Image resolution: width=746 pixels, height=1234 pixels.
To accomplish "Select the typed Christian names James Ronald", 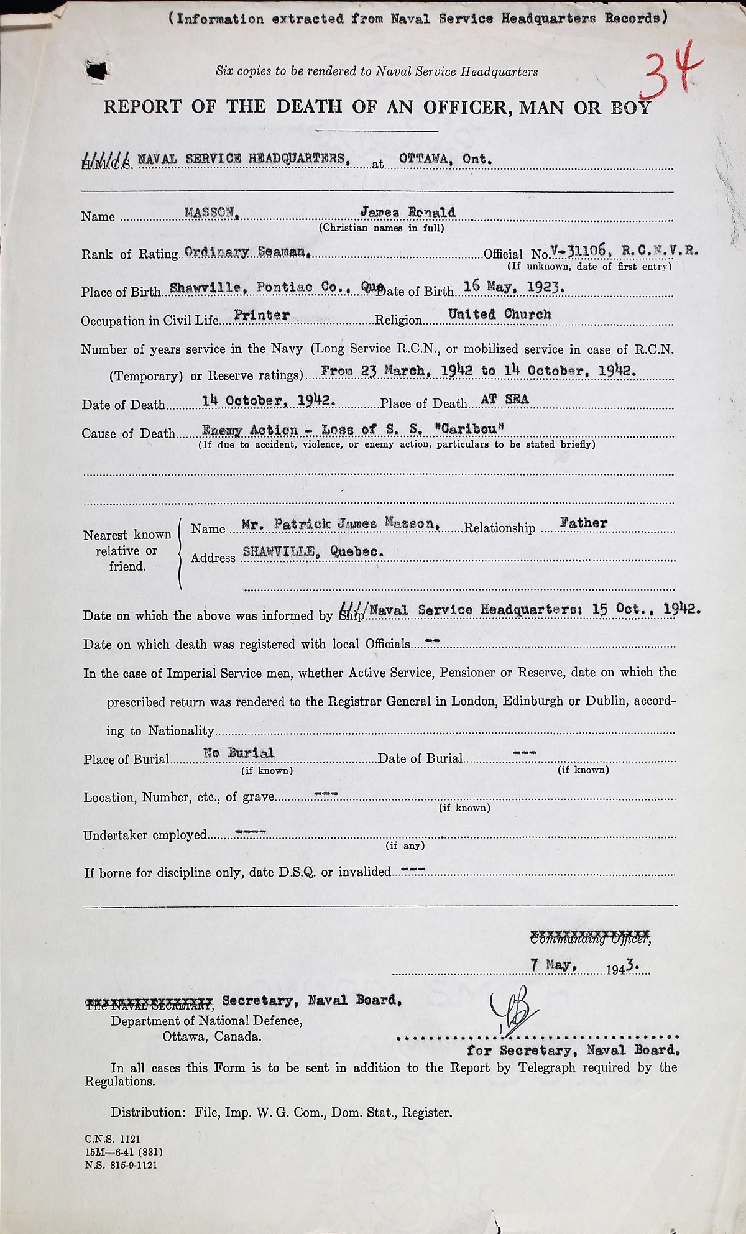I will coord(408,212).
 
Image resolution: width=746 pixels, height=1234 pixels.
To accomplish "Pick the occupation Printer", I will coord(261,315).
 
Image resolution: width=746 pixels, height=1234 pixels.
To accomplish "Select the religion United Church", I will coord(500,315).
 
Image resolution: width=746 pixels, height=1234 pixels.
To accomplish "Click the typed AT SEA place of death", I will coord(504,400).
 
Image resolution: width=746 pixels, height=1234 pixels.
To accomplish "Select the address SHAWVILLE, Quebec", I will coord(312,553).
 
